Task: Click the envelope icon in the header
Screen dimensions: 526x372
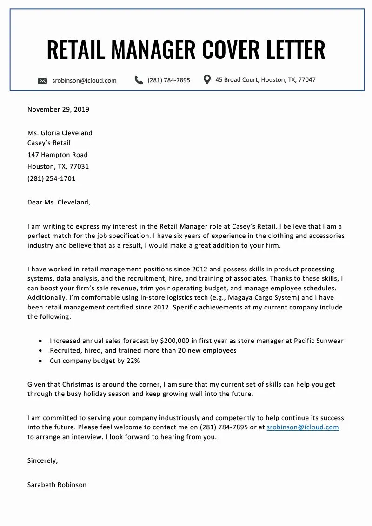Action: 42,81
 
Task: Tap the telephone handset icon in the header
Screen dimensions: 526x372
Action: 139,80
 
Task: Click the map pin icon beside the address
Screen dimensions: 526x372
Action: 207,79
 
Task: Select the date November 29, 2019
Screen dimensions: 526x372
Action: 58,110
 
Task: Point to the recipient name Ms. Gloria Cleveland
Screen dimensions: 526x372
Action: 60,133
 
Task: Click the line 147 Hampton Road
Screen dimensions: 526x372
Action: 57,155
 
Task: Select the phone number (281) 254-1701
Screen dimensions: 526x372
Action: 51,178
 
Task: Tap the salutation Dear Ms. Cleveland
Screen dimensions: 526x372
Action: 59,202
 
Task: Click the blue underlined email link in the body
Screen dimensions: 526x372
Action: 303,427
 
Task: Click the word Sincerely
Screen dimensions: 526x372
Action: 42,461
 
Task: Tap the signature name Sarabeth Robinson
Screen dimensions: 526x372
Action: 57,485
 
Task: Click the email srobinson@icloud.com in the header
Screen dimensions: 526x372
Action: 84,80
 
